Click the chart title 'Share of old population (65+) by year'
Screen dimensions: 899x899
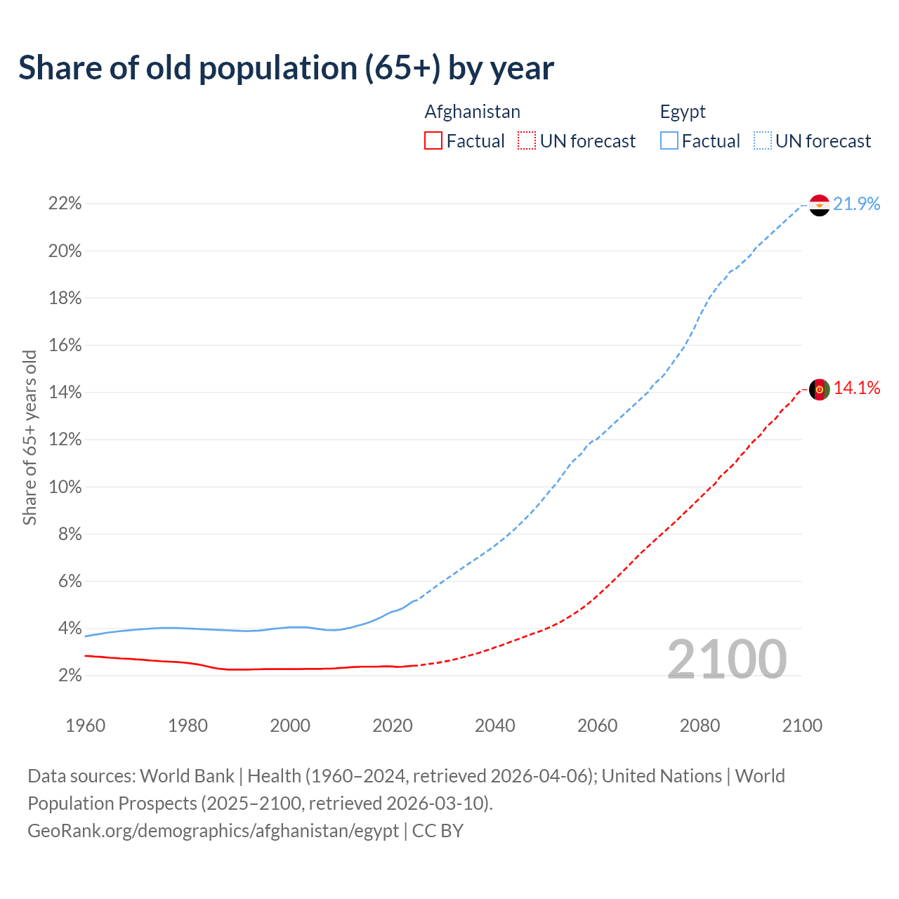[286, 68]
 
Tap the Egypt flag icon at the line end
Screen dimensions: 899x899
[819, 205]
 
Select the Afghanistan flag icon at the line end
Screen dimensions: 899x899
[819, 389]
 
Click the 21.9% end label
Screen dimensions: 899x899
[857, 204]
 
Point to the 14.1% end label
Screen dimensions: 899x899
[857, 388]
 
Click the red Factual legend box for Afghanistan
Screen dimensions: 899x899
[433, 141]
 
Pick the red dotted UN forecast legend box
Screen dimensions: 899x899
[527, 141]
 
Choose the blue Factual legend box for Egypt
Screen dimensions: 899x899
[669, 141]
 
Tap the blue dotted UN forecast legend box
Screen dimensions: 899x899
[763, 141]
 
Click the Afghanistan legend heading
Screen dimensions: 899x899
[472, 112]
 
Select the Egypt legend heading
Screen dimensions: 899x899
[683, 112]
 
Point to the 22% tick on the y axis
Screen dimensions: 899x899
[65, 204]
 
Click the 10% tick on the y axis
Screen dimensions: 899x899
[65, 487]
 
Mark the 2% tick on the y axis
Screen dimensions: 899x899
[68, 676]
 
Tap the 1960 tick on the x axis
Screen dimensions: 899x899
[85, 726]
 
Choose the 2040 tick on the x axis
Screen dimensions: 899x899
[495, 726]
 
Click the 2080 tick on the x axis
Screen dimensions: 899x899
[700, 726]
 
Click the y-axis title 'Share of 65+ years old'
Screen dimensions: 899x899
[29, 438]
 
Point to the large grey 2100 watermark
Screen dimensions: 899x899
[727, 660]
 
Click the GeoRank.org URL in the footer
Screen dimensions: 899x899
[213, 831]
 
